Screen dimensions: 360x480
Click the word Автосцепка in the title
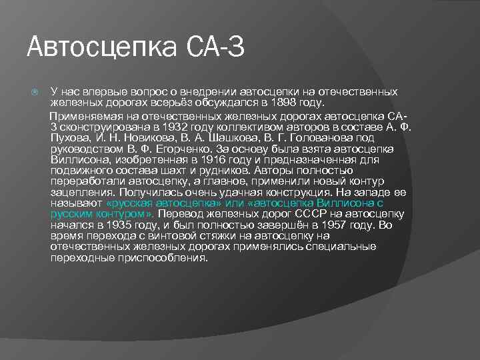tap(94, 48)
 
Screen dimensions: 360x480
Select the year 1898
tap(272, 103)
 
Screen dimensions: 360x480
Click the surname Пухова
tap(69, 137)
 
